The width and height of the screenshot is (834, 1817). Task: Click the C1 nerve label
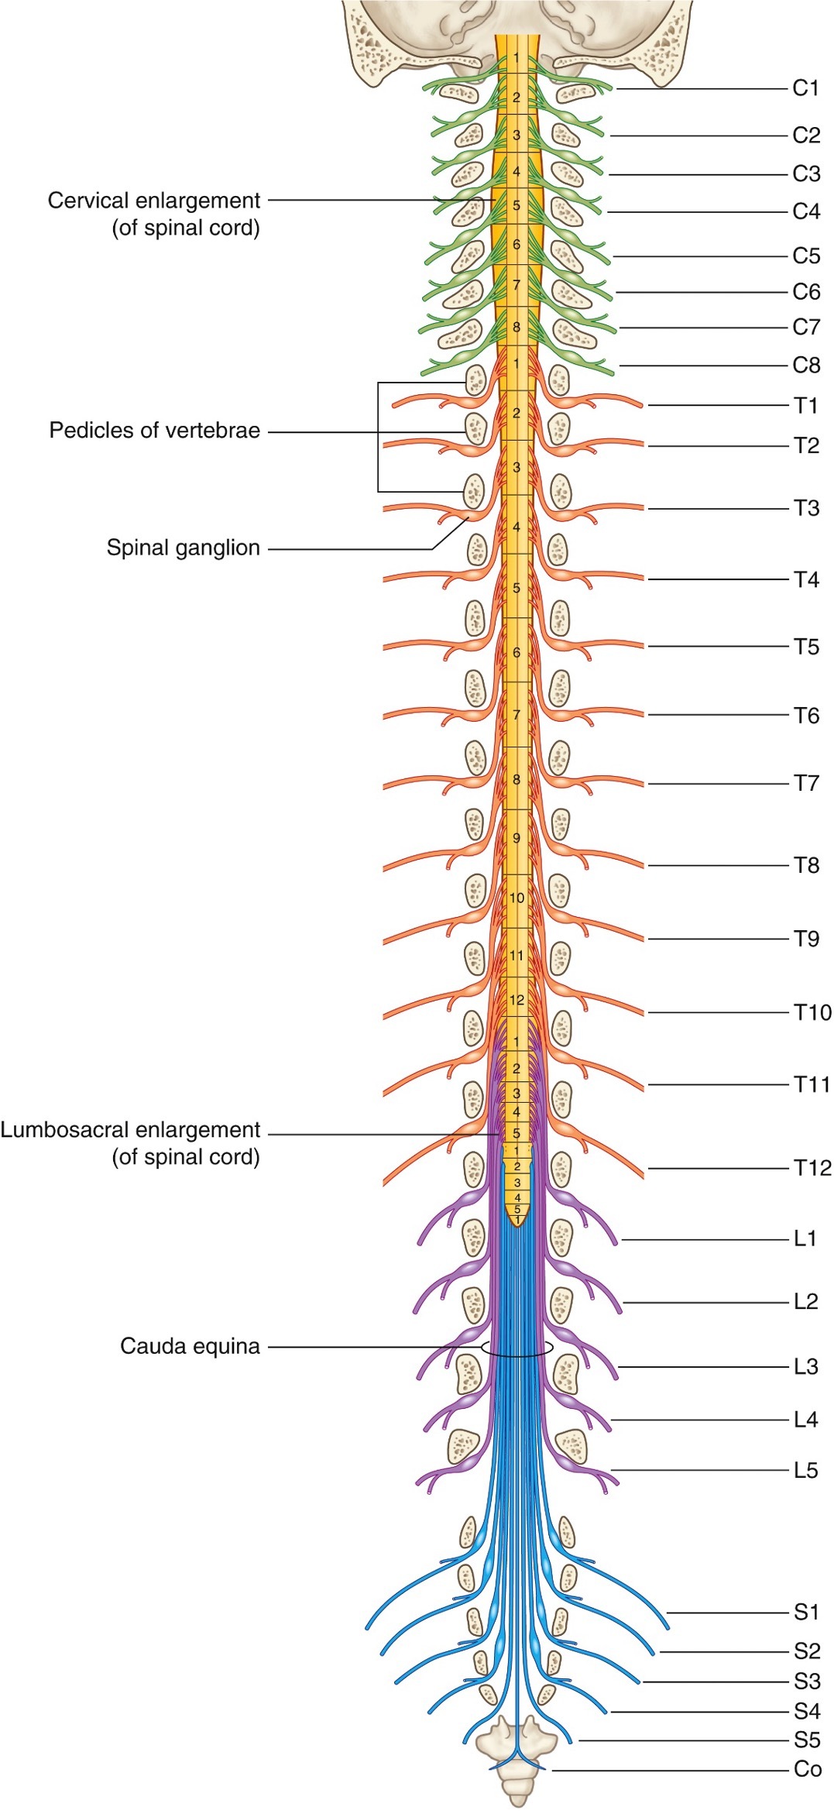(x=805, y=88)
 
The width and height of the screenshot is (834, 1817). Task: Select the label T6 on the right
(x=806, y=716)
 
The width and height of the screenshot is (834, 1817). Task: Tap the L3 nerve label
(x=805, y=1366)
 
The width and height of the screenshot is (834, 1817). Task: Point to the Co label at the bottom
(x=807, y=1769)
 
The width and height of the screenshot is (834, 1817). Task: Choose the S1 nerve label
(x=806, y=1612)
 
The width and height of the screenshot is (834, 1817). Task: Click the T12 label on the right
(x=812, y=1168)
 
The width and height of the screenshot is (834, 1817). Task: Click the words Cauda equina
(x=190, y=1346)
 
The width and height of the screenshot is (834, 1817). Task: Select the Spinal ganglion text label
(x=183, y=548)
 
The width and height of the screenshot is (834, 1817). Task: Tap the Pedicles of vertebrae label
(x=154, y=431)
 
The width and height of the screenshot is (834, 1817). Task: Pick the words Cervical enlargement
(x=153, y=201)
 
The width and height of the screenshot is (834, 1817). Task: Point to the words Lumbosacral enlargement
(x=130, y=1130)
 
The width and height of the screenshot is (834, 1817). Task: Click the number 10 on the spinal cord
(x=517, y=898)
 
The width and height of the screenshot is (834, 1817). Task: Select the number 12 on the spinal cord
(x=517, y=1000)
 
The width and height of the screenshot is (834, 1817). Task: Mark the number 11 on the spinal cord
(x=517, y=956)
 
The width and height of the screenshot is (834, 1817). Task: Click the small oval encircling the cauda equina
(x=517, y=1348)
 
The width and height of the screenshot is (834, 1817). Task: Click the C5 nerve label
(x=805, y=256)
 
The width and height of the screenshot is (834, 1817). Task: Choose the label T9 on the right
(x=806, y=939)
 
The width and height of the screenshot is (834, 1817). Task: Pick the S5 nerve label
(x=806, y=1740)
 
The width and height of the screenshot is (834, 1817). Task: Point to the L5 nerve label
(x=805, y=1470)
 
